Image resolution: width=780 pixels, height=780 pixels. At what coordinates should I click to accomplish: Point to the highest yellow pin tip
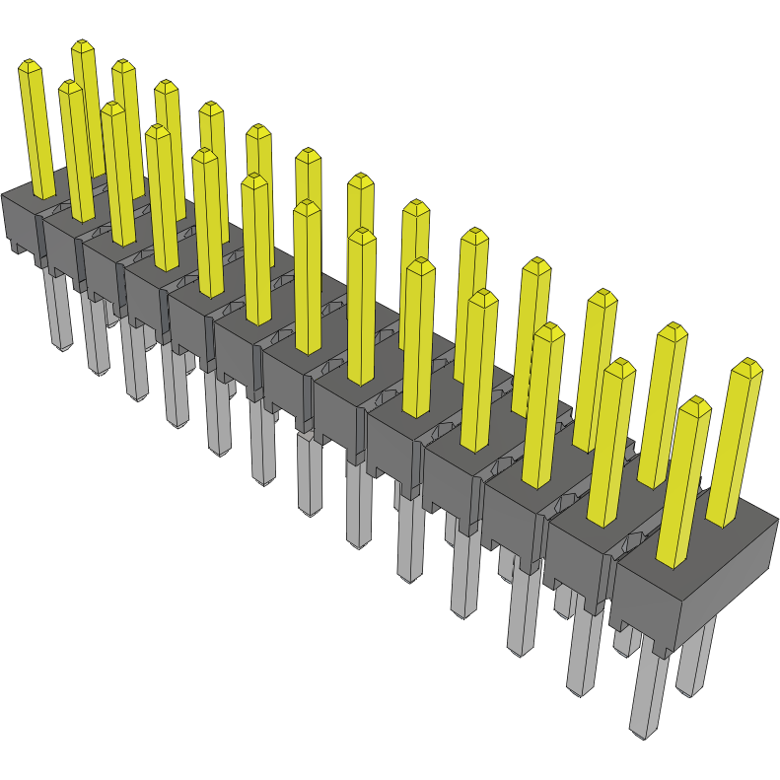pos(82,44)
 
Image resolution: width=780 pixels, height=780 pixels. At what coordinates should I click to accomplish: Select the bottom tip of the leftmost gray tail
pos(62,346)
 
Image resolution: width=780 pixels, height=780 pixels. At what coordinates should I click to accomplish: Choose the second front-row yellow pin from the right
pos(610,444)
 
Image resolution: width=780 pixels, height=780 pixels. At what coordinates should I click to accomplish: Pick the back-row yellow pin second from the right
pos(663,404)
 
